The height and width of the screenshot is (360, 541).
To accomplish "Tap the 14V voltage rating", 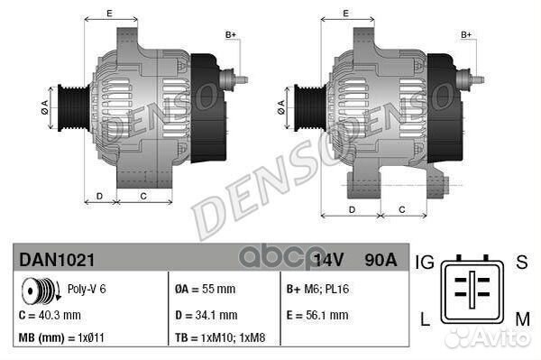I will (329, 261).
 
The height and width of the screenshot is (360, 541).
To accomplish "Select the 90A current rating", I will (379, 261).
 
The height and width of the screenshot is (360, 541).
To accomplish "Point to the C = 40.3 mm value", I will (50, 315).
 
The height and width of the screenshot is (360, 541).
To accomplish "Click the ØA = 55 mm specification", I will (205, 291).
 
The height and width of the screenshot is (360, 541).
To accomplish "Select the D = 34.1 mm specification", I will (206, 315).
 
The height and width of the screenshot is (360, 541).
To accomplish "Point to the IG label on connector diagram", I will (426, 263).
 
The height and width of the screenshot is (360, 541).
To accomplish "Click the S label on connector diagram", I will (520, 263).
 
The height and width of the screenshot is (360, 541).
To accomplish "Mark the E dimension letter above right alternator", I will (346, 13).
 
